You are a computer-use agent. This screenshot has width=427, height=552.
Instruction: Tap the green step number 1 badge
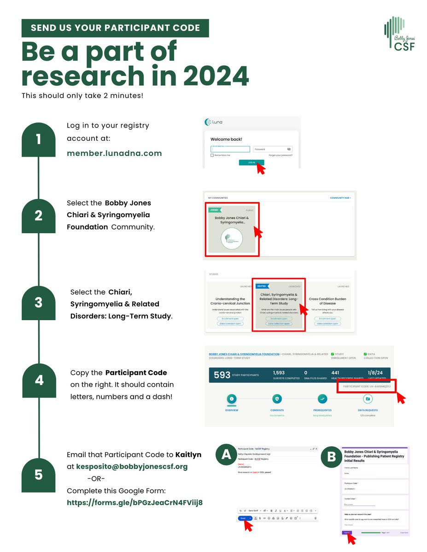(39, 139)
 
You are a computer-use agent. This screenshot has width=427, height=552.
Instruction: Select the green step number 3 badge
(39, 303)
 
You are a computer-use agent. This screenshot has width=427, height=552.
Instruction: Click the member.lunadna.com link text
(114, 153)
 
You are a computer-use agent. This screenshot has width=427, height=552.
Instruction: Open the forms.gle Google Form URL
(135, 503)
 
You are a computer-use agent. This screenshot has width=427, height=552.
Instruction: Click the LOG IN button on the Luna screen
(252, 162)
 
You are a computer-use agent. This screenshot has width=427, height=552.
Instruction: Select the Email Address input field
(230, 149)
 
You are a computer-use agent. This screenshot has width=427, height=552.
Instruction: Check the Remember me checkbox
(212, 155)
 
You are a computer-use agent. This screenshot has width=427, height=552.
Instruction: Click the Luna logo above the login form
(214, 122)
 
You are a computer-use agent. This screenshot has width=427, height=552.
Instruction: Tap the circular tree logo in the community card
(231, 238)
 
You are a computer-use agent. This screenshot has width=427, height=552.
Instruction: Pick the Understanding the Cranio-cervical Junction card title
(230, 301)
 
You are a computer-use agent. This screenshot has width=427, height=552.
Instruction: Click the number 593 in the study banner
(222, 375)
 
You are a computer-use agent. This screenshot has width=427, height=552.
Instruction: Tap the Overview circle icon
(232, 399)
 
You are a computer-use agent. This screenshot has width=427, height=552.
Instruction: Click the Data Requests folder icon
(368, 399)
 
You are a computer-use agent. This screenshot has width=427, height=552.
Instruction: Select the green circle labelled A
(226, 454)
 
